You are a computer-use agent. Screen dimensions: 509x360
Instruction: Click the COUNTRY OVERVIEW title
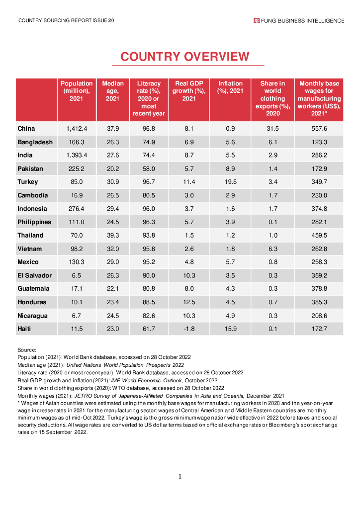tap(184, 57)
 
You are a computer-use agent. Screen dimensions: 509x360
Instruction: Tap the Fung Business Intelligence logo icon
tap(257, 20)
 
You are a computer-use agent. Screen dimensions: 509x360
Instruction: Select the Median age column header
tap(113, 91)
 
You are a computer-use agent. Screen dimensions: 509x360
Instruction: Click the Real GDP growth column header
tap(189, 91)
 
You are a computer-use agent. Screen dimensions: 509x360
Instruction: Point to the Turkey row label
tap(28, 182)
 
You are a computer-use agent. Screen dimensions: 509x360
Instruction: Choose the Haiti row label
tap(25, 329)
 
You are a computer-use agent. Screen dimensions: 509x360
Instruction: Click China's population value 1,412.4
tap(77, 129)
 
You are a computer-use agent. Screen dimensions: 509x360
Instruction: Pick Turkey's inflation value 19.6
tap(230, 182)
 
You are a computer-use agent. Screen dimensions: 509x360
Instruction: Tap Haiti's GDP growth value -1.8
tap(189, 329)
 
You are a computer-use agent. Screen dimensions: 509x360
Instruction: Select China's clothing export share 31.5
tap(272, 129)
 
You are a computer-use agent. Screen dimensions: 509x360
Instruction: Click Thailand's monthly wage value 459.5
tap(319, 235)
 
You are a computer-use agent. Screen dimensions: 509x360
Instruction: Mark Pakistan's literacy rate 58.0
tap(149, 169)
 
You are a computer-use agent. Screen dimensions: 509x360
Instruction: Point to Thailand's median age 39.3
tap(113, 235)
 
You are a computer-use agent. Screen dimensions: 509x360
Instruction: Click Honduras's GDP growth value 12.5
tap(189, 302)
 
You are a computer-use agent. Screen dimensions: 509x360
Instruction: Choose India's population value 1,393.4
tap(77, 156)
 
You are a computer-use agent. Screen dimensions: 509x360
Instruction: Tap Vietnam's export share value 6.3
tap(272, 249)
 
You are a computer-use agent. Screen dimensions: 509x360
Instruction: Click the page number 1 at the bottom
tap(180, 477)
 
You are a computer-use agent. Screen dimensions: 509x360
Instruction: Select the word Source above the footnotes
tap(26, 350)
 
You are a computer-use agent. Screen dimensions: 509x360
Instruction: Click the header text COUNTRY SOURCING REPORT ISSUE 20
tap(66, 20)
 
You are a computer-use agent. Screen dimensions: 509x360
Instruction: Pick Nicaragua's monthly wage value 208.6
tap(319, 315)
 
